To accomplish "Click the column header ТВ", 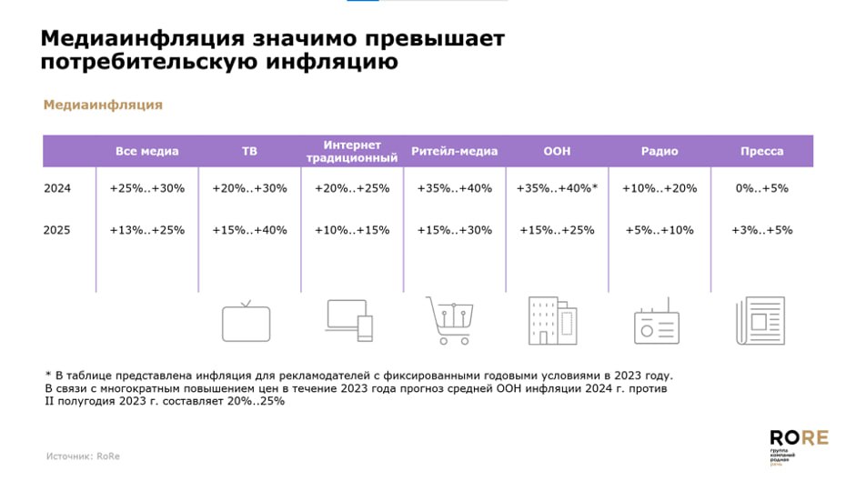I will (249, 151).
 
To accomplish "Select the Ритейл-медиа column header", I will (454, 151).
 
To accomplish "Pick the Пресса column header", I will (761, 151).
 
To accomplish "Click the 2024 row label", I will (57, 188).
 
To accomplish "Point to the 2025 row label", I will (57, 230).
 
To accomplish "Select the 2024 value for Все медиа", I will (147, 188).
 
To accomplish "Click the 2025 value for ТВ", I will (249, 230).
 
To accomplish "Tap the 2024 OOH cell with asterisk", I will (557, 188).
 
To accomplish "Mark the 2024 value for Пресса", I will (761, 188).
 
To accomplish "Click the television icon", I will (247, 322).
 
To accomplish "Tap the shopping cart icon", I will (449, 321).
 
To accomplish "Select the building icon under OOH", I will (552, 321).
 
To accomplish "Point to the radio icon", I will (656, 322).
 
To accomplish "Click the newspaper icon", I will (759, 321).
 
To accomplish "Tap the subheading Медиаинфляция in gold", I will (103, 105).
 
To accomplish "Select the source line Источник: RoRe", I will (83, 456).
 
